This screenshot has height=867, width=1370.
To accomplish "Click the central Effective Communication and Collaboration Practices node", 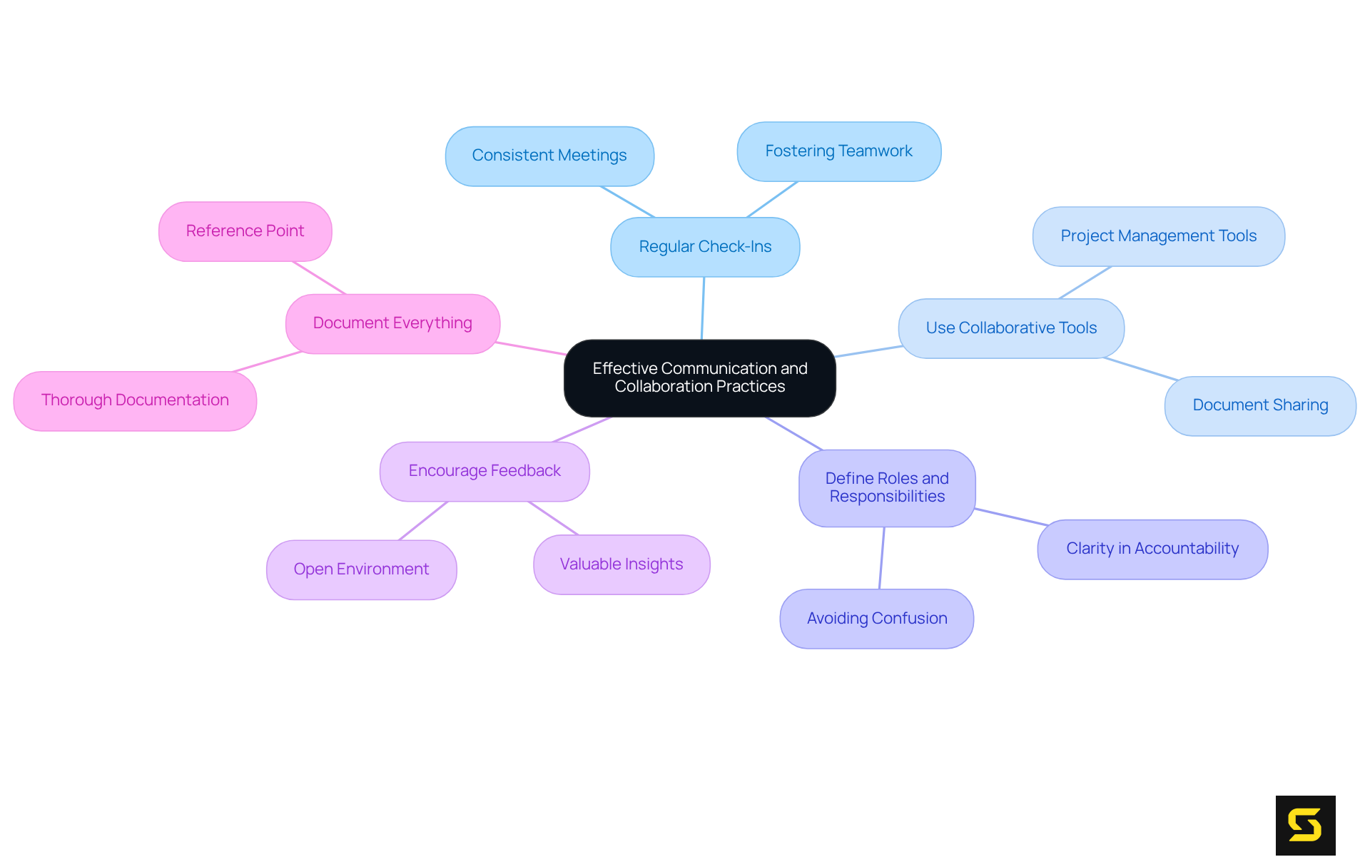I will point(699,377).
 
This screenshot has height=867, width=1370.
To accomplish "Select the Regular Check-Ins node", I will point(705,247).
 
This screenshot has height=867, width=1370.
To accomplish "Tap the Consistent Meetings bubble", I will point(549,156).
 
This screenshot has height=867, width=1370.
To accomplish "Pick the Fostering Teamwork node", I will point(838,151).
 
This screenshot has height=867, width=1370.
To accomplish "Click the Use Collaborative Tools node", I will point(1011,328).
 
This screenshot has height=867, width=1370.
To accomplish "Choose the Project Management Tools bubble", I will point(1158,236).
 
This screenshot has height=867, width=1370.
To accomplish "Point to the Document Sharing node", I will point(1260,405).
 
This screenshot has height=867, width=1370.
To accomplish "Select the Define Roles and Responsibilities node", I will point(887,487).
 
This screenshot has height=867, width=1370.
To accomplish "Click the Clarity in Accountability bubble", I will point(1152,549).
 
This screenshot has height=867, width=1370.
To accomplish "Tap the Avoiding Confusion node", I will point(877,619).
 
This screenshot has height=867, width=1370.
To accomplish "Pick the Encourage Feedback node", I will point(484,471).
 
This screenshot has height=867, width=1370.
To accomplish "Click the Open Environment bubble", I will point(361,569).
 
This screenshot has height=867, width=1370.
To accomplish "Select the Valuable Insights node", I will point(621,564).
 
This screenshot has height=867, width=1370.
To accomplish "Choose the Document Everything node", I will point(392,323).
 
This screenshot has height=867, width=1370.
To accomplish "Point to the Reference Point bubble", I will point(245,231).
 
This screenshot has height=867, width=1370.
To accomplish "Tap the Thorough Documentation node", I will point(135,400).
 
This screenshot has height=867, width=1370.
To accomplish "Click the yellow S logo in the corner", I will point(1305,825).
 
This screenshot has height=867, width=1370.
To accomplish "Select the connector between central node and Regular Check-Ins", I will point(703,308).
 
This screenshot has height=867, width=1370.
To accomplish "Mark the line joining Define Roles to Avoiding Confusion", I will point(882,558).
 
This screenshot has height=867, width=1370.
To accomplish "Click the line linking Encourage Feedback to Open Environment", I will point(423,521).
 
